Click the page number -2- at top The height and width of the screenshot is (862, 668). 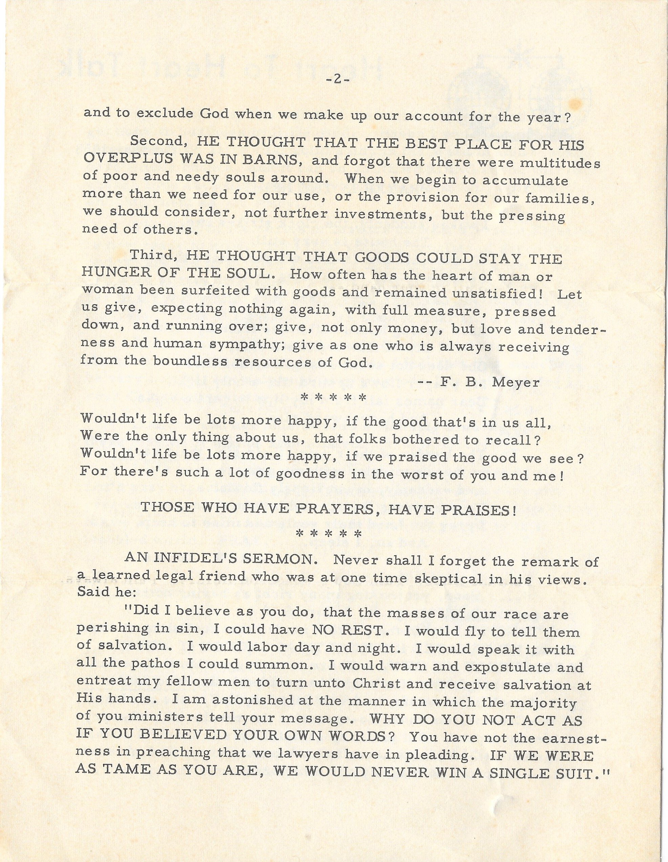[338, 79]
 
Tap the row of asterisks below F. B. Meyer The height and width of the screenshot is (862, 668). [333, 397]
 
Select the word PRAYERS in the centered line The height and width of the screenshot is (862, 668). [336, 509]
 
